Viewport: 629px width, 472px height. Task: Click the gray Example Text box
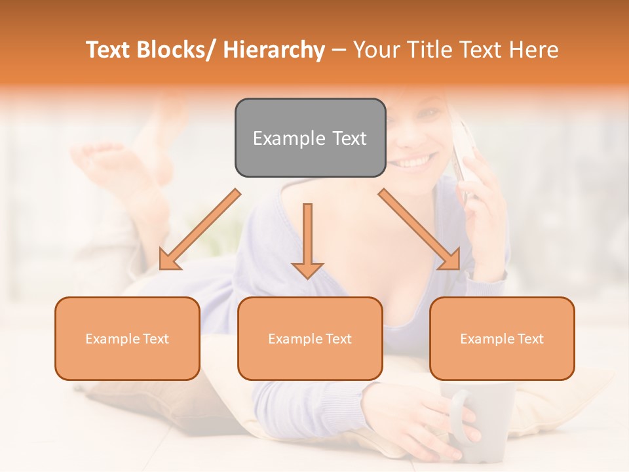310,138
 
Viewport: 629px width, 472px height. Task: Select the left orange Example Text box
127,338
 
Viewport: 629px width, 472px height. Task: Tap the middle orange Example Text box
310,338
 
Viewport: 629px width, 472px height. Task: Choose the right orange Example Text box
502,338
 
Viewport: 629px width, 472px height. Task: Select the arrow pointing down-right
420,230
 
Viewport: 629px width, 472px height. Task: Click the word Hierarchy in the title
274,50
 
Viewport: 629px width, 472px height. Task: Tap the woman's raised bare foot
98,161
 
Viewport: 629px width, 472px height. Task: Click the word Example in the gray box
280,138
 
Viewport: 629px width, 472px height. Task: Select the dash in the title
339,50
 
